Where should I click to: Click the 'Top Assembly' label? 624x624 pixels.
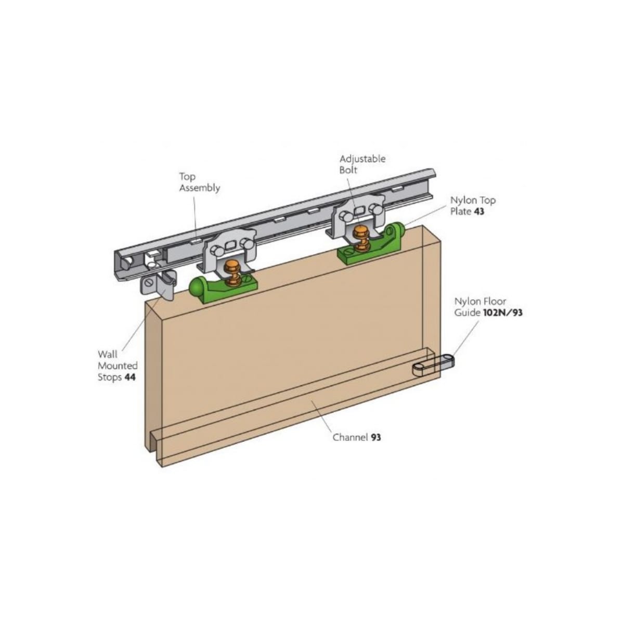[x=200, y=183]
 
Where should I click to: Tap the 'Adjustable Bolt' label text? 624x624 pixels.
[x=362, y=164]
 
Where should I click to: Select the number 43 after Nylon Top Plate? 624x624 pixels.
[x=479, y=212]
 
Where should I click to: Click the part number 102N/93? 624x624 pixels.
[x=502, y=313]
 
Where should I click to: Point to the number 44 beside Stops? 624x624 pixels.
[x=130, y=377]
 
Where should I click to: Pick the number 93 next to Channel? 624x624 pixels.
[x=376, y=437]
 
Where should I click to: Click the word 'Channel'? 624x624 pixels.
[x=350, y=437]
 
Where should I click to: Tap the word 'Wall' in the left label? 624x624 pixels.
[x=108, y=354]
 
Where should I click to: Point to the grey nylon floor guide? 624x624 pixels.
[x=433, y=365]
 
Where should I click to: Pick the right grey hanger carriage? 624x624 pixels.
[x=357, y=215]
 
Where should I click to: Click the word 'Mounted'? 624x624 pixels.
[x=118, y=366]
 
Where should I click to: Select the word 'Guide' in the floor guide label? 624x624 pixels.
[x=467, y=313]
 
